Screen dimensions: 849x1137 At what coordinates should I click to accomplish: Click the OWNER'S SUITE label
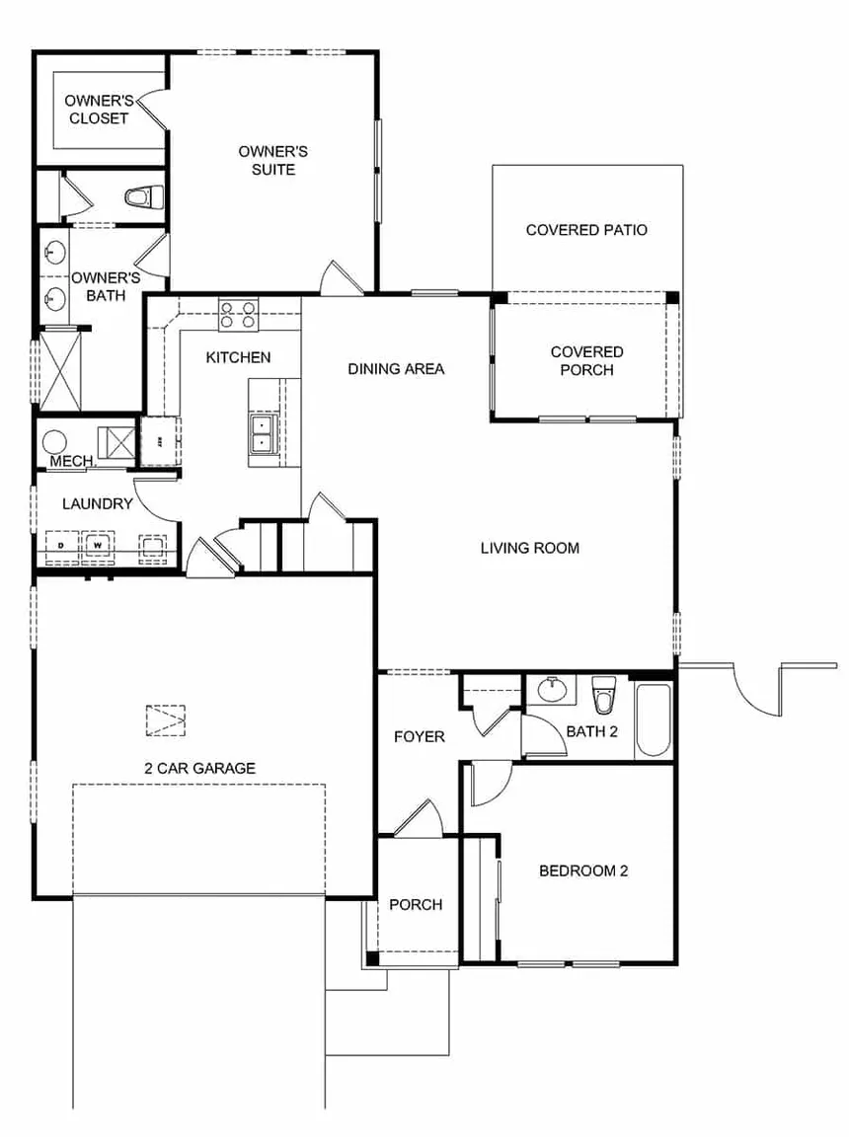[x=273, y=160]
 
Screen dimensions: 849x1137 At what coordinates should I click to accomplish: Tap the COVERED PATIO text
[x=586, y=230]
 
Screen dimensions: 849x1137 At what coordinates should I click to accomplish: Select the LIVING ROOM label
[x=530, y=548]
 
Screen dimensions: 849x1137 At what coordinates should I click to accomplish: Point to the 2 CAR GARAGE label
[x=199, y=768]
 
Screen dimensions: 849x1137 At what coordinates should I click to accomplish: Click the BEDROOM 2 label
[x=583, y=871]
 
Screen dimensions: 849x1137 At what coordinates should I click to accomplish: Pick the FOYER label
[x=419, y=736]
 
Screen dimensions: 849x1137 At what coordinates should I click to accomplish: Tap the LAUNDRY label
[x=97, y=504]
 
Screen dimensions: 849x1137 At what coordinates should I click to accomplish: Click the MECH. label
[x=72, y=461]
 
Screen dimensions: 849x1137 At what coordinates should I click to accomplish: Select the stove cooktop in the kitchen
[x=239, y=315]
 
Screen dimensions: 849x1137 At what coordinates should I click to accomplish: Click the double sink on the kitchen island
[x=262, y=432]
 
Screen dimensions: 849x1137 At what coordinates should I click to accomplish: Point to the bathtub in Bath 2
[x=654, y=719]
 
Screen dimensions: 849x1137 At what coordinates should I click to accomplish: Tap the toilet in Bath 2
[x=604, y=695]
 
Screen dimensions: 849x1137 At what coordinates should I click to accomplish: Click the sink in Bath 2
[x=552, y=689]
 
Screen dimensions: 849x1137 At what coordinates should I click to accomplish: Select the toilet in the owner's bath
[x=144, y=196]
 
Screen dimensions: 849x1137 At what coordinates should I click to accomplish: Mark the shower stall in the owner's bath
[x=59, y=370]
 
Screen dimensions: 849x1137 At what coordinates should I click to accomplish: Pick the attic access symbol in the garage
[x=165, y=720]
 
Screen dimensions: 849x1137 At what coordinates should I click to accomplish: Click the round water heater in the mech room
[x=54, y=441]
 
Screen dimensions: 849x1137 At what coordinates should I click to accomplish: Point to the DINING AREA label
[x=396, y=369]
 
